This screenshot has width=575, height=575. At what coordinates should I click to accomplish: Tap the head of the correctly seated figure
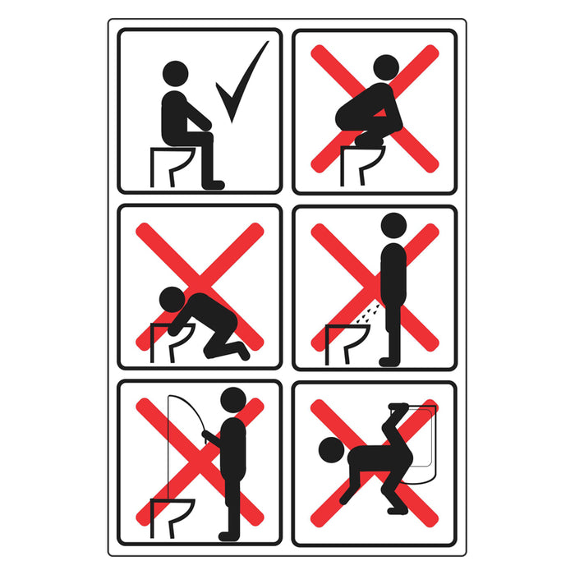(x=175, y=73)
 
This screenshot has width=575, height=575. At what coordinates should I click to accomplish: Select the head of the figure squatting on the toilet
(x=386, y=67)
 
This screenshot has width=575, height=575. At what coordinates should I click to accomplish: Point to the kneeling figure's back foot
(x=243, y=351)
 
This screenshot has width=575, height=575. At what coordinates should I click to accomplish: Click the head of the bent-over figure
(x=329, y=451)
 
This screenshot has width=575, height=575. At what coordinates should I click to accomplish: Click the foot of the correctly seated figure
(x=214, y=185)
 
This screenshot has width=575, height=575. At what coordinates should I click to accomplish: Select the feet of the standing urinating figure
(x=389, y=361)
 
